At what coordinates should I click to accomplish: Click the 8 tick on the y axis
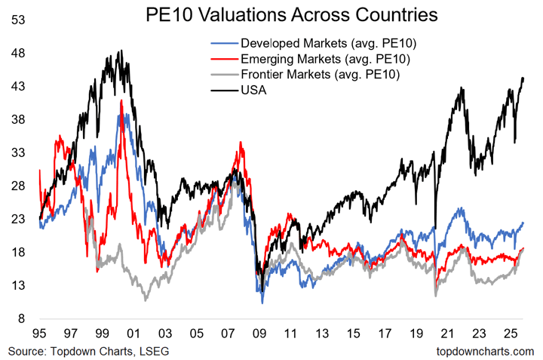coord(23,319)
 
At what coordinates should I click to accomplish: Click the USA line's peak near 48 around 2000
coord(121,51)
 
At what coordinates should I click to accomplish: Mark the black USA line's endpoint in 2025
coord(524,78)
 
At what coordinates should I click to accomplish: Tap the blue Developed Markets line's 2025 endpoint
coord(524,223)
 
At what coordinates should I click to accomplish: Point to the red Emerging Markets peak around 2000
coord(121,100)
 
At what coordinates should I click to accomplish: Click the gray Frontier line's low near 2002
coord(146,300)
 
